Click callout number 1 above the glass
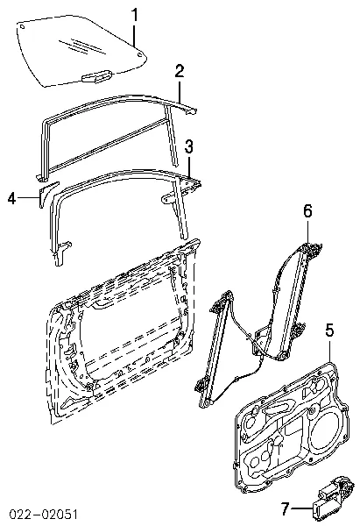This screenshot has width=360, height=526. (x=134, y=15)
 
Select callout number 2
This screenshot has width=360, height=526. (x=179, y=71)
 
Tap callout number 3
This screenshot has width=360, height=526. (x=188, y=148)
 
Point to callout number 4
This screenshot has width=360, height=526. (x=11, y=199)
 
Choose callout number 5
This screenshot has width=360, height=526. (x=330, y=331)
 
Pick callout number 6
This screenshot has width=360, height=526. (x=307, y=211)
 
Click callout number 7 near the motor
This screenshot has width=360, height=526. (x=285, y=509)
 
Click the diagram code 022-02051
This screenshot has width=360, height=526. (x=44, y=514)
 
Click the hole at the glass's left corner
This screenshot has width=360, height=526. (x=22, y=27)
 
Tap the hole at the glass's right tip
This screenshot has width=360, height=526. (x=139, y=55)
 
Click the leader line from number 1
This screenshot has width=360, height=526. (x=134, y=34)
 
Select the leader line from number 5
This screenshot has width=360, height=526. (x=330, y=349)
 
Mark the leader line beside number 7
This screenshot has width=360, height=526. (x=302, y=509)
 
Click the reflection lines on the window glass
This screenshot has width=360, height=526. (x=82, y=46)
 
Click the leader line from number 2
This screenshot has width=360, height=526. (x=180, y=89)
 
